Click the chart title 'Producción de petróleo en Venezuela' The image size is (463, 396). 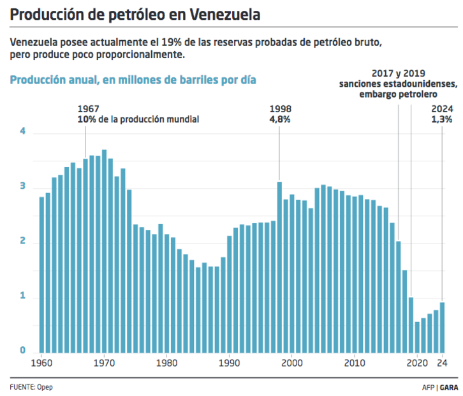(135, 13)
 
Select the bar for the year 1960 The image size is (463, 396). (41, 274)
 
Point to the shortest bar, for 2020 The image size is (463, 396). (417, 336)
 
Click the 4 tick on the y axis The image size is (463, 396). (23, 131)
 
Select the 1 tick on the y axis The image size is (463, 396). (23, 297)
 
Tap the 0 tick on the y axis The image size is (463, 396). (23, 351)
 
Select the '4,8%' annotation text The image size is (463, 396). (280, 119)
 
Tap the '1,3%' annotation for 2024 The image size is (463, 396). (442, 119)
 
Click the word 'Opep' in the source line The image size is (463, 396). (45, 386)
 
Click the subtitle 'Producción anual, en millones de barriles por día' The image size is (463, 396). (133, 80)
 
